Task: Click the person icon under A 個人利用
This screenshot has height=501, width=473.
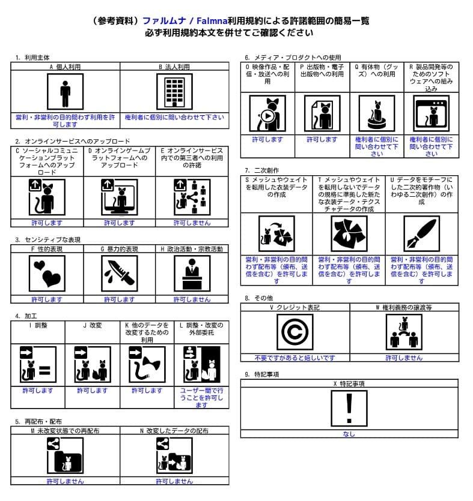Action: tap(65, 92)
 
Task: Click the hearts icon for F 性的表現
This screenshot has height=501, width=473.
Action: tap(46, 274)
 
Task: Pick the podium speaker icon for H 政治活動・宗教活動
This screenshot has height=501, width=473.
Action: tap(192, 274)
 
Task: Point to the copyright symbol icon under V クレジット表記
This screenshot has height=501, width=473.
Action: tap(294, 332)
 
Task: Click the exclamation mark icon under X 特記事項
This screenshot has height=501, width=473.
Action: tap(349, 409)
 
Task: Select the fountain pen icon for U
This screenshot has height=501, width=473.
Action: tap(421, 233)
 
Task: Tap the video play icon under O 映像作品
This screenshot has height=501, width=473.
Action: tap(267, 113)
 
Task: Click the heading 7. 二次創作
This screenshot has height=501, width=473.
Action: tap(262, 170)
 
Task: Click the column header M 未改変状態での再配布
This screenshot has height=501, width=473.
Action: tap(65, 431)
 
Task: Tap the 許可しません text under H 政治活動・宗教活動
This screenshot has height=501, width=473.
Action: tap(192, 299)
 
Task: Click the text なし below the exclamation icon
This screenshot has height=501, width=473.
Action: tap(349, 434)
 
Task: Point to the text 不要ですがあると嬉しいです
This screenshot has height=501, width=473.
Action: tap(294, 358)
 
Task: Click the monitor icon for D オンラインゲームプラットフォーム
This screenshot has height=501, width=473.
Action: tap(119, 197)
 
